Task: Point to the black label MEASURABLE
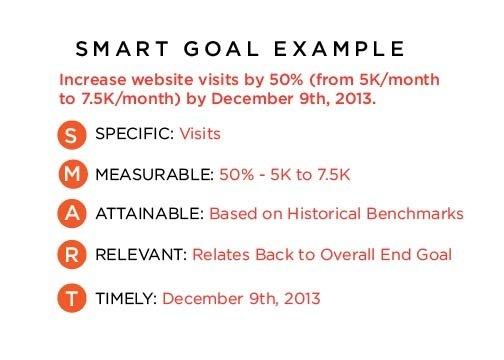(152, 175)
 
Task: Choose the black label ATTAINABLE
(151, 214)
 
